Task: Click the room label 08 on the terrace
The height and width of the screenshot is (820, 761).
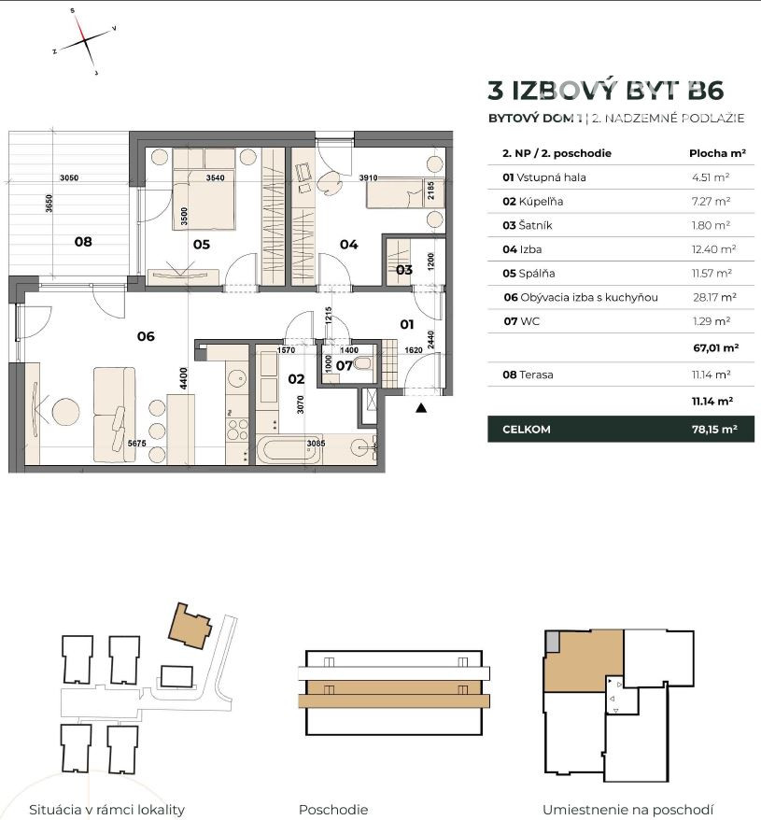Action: (83, 242)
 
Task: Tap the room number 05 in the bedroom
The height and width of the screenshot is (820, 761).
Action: (202, 244)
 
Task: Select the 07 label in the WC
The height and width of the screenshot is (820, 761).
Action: (345, 365)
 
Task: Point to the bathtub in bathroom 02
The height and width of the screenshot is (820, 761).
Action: (288, 450)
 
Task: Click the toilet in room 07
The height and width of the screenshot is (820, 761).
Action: (362, 363)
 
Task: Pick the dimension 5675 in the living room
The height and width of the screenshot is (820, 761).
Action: (137, 444)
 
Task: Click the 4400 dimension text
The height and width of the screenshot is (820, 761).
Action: (183, 378)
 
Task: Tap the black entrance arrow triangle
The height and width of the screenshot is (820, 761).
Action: (421, 408)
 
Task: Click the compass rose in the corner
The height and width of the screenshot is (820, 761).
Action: (84, 41)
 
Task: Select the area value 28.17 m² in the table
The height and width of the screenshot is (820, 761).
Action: (714, 297)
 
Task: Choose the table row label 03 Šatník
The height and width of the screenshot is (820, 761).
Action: (528, 225)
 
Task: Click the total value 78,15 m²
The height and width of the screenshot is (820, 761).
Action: (714, 430)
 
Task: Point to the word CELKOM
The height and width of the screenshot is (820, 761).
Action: (526, 430)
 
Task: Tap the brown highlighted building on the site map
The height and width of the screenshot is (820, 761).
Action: (190, 626)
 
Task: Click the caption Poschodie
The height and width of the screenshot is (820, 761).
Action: (333, 810)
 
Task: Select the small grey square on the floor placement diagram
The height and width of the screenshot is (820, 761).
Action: (552, 641)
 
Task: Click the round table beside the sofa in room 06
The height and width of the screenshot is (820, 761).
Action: (65, 411)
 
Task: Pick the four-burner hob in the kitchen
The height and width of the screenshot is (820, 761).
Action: (237, 429)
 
